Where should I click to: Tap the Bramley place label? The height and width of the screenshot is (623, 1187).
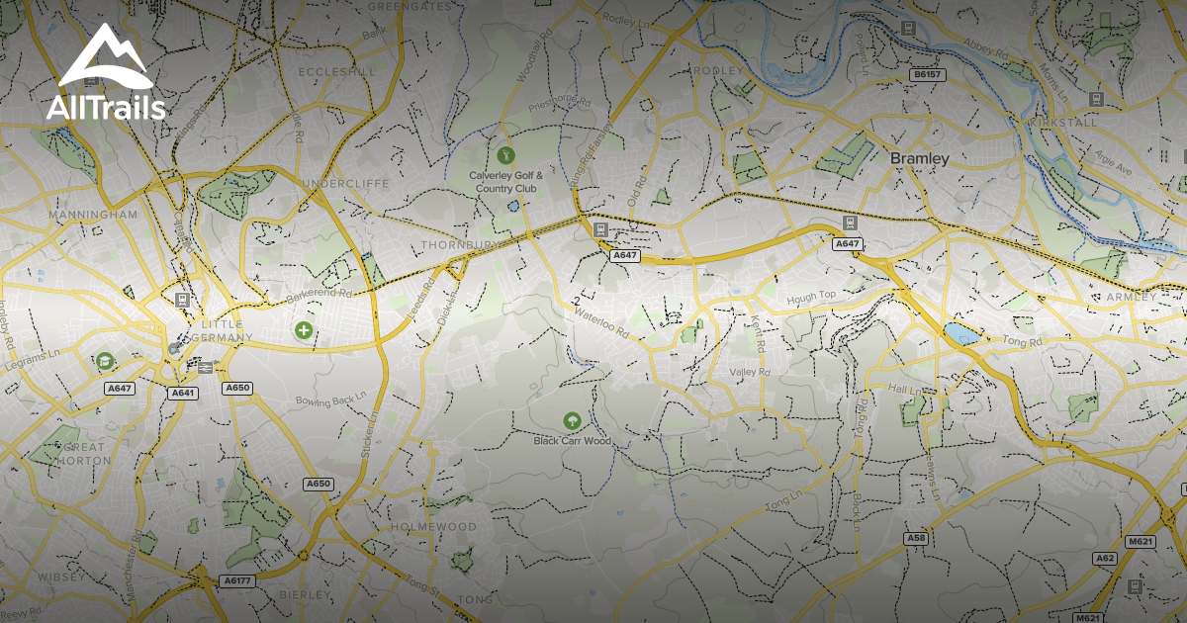pyautogui.click(x=919, y=158)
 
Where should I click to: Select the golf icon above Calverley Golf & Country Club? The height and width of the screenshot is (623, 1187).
pyautogui.click(x=505, y=154)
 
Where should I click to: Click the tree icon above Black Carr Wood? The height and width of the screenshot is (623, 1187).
pyautogui.click(x=572, y=421)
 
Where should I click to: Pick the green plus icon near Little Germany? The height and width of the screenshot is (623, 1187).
pyautogui.click(x=304, y=330)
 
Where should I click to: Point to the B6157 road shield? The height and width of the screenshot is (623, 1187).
pyautogui.click(x=927, y=75)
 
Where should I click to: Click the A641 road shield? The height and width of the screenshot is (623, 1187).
pyautogui.click(x=183, y=393)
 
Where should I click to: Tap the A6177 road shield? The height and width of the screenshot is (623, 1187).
pyautogui.click(x=237, y=581)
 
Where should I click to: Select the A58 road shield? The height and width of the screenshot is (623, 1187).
pyautogui.click(x=916, y=538)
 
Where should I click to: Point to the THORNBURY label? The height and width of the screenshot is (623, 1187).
pyautogui.click(x=455, y=243)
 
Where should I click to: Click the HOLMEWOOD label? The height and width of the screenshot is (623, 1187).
pyautogui.click(x=433, y=528)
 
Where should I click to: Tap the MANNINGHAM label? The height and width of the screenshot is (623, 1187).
pyautogui.click(x=92, y=214)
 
